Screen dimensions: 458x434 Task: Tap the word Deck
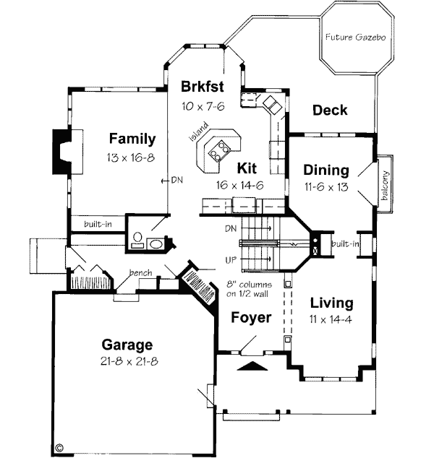pyautogui.click(x=329, y=111)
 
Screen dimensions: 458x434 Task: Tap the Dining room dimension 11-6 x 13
pyautogui.click(x=325, y=186)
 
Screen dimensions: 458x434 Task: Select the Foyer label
pyautogui.click(x=251, y=317)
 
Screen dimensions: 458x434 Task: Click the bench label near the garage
pyautogui.click(x=140, y=273)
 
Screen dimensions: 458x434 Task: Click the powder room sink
pyautogui.click(x=156, y=243)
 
